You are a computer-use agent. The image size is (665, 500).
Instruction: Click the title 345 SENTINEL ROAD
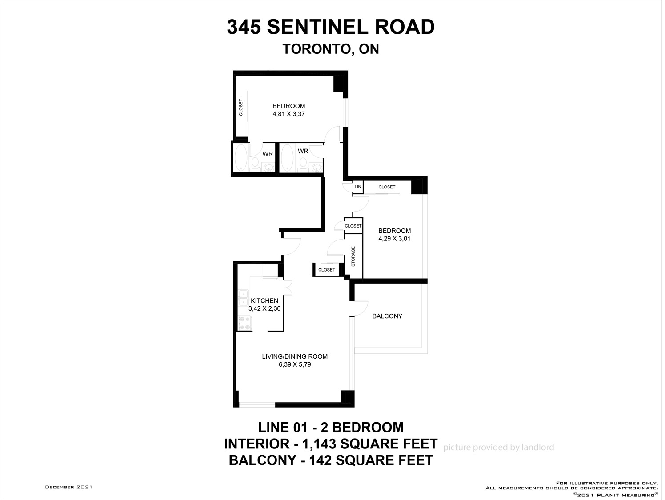click(x=330, y=27)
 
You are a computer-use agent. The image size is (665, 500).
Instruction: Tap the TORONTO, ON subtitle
click(x=331, y=49)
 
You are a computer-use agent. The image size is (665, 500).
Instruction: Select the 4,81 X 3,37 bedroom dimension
click(x=288, y=114)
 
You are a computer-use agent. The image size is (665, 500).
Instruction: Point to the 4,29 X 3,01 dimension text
click(x=394, y=239)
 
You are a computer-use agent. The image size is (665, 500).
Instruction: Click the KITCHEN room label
click(x=264, y=301)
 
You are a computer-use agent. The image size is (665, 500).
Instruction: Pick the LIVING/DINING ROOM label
click(x=295, y=356)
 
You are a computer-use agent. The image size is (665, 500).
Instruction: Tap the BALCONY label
click(x=387, y=316)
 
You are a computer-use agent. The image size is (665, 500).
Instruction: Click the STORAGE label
click(x=353, y=256)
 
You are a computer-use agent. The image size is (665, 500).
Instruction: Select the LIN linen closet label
click(x=358, y=187)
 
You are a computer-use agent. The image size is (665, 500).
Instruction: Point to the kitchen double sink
click(x=243, y=298)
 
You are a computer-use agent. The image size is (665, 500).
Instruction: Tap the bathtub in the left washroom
click(x=241, y=158)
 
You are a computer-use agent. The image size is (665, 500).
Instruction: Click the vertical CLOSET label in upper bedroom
click(x=241, y=108)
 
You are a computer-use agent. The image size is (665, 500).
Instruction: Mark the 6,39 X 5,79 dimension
click(x=295, y=365)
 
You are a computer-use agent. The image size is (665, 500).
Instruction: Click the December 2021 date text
click(x=69, y=487)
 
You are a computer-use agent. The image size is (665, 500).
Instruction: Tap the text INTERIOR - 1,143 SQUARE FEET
click(x=331, y=444)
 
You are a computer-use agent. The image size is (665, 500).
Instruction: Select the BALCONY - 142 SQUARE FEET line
click(x=331, y=460)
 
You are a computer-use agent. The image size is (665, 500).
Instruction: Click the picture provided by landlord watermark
click(x=498, y=448)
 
